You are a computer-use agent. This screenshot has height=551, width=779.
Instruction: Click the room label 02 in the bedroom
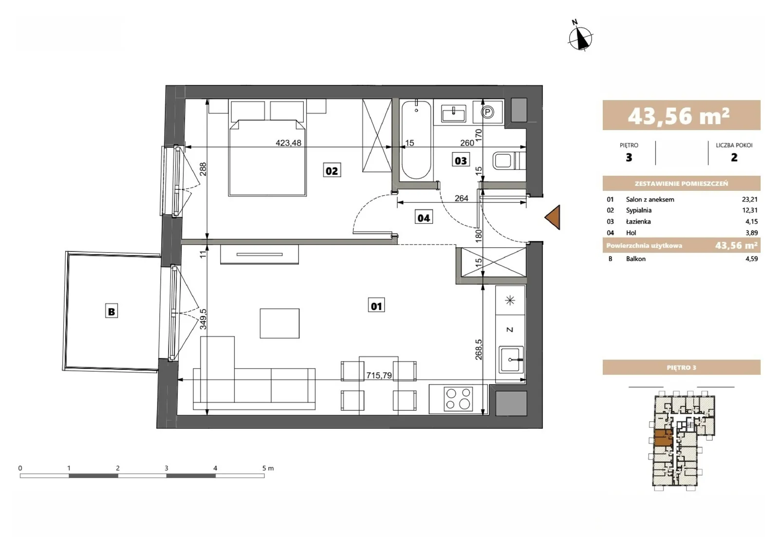click(332, 171)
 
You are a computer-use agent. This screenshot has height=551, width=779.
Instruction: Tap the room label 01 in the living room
click(376, 306)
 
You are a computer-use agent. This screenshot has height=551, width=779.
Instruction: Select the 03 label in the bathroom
click(461, 161)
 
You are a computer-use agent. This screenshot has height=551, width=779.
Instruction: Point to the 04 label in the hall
click(424, 218)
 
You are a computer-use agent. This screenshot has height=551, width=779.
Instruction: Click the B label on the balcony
click(111, 311)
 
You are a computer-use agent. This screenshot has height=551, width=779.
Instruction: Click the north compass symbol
click(580, 37)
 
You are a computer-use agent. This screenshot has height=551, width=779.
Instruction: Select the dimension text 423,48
click(288, 143)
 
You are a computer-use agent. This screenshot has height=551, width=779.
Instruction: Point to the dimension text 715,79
click(379, 375)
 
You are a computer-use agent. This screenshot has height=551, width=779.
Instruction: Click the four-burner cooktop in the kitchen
click(458, 399)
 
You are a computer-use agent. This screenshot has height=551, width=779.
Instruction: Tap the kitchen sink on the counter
click(511, 359)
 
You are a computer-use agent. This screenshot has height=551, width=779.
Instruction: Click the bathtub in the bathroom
click(416, 140)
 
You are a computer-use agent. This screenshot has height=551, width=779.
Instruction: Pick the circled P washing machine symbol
click(487, 112)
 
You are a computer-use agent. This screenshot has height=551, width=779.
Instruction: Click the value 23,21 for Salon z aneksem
click(749, 200)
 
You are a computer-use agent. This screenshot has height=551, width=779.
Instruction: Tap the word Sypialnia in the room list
click(639, 210)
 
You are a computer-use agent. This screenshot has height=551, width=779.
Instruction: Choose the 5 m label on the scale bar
click(268, 468)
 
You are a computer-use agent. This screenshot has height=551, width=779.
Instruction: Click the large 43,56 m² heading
click(679, 116)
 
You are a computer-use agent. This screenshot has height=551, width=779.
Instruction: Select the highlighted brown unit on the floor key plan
click(663, 438)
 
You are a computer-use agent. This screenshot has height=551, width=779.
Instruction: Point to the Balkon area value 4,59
click(752, 258)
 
